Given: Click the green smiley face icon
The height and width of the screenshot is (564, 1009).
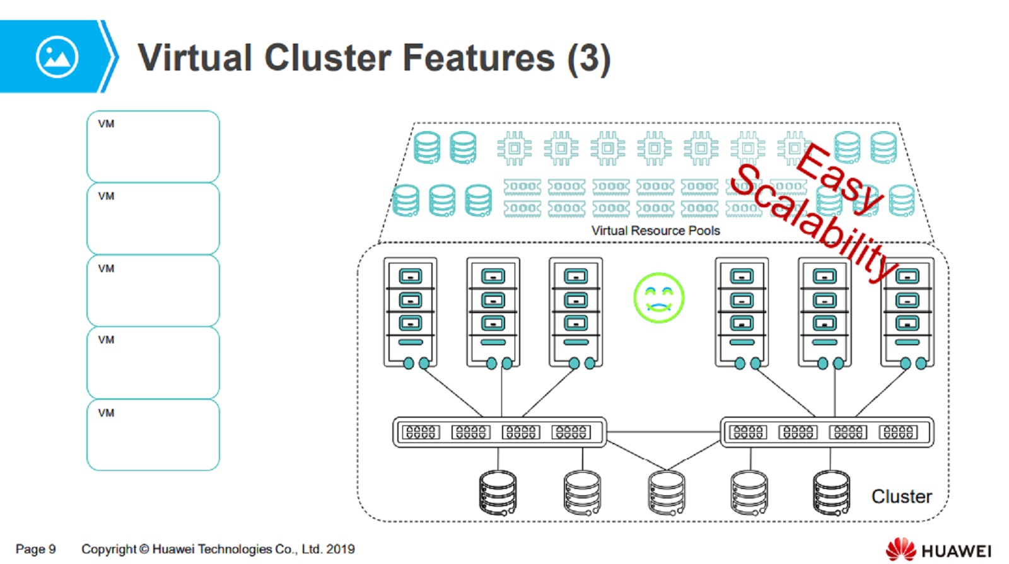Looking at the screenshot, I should tap(658, 297).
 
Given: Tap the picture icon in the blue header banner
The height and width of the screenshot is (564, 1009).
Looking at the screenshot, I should tap(57, 57).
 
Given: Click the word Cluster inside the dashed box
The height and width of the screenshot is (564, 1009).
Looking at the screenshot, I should tap(901, 497).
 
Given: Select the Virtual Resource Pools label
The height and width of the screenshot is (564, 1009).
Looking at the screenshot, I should tap(655, 231).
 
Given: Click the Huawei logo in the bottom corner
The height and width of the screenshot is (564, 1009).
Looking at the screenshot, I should tap(938, 550).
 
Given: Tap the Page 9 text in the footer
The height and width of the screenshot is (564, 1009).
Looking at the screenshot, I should tap(35, 549).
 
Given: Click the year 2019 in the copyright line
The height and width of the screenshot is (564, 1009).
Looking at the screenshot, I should tap(341, 549).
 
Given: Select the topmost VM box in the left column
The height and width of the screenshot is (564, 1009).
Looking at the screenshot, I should tap(153, 146).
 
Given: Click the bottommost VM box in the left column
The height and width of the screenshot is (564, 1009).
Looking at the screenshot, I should tap(153, 435).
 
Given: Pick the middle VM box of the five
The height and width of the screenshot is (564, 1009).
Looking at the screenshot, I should tap(153, 291).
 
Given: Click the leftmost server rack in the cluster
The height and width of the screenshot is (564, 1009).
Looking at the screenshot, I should tap(410, 311).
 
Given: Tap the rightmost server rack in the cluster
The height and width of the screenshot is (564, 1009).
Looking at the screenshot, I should tap(907, 311).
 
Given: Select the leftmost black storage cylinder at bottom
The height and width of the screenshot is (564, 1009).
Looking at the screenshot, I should tap(498, 492).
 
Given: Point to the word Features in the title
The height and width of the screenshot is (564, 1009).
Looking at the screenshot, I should tap(478, 58).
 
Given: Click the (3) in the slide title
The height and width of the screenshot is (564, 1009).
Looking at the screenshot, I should tap(588, 59).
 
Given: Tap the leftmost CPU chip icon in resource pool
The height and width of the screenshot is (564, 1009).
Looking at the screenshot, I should tap(514, 149).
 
